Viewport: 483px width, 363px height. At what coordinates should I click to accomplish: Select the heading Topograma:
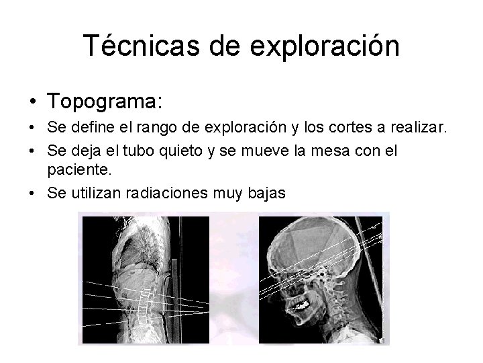pyautogui.click(x=105, y=102)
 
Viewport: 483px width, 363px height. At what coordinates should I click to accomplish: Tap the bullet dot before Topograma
pyautogui.click(x=32, y=102)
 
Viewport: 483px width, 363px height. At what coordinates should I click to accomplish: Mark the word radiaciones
pyautogui.click(x=164, y=194)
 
